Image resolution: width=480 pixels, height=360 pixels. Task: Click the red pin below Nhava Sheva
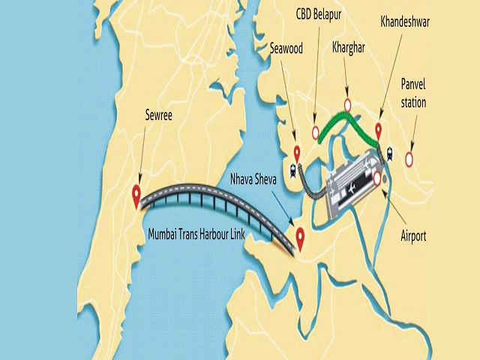(300, 238)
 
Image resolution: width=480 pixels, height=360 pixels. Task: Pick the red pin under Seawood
(297, 151)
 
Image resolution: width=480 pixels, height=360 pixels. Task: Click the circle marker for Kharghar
(347, 103)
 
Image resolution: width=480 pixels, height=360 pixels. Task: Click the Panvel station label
(413, 92)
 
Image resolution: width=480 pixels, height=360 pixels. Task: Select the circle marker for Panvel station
(409, 158)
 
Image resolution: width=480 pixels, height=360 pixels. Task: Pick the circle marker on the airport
(378, 178)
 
